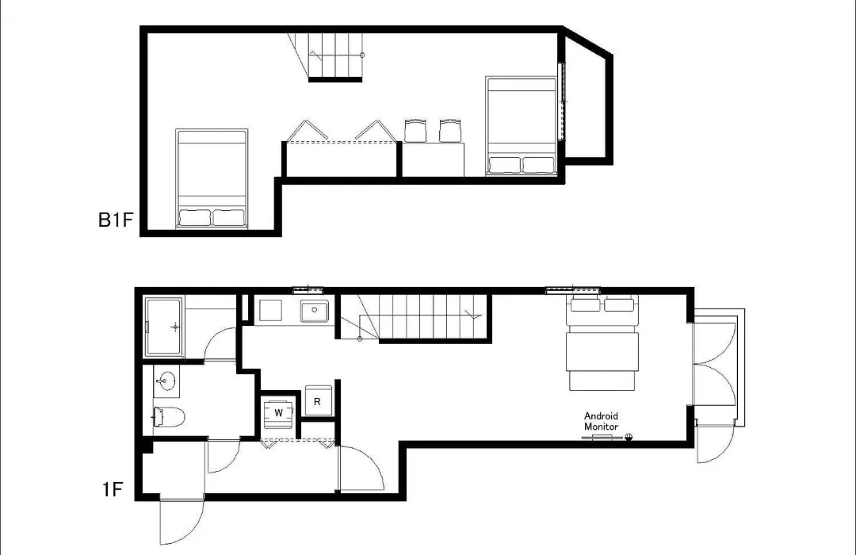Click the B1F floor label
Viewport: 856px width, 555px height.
coord(116,220)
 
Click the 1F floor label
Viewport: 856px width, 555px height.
coord(113,489)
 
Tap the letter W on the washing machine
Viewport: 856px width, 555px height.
coord(279,412)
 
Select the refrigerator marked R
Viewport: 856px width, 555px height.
coord(319,401)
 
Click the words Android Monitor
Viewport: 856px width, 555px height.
coord(601,421)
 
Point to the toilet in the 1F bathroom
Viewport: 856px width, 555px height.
coord(169,417)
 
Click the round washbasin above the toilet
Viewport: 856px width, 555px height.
coord(166,381)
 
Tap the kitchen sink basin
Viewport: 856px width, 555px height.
coord(315,311)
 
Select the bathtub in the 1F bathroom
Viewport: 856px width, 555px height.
coord(164,327)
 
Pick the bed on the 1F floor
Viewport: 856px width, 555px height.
coord(602,343)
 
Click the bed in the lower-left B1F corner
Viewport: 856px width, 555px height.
coord(212,178)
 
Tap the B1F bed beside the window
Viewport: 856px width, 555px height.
coord(521,126)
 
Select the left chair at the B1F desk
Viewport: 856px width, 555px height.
coord(415,131)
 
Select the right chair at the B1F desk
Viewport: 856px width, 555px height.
coord(450,131)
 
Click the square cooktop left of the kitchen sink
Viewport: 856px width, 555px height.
coord(270,310)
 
